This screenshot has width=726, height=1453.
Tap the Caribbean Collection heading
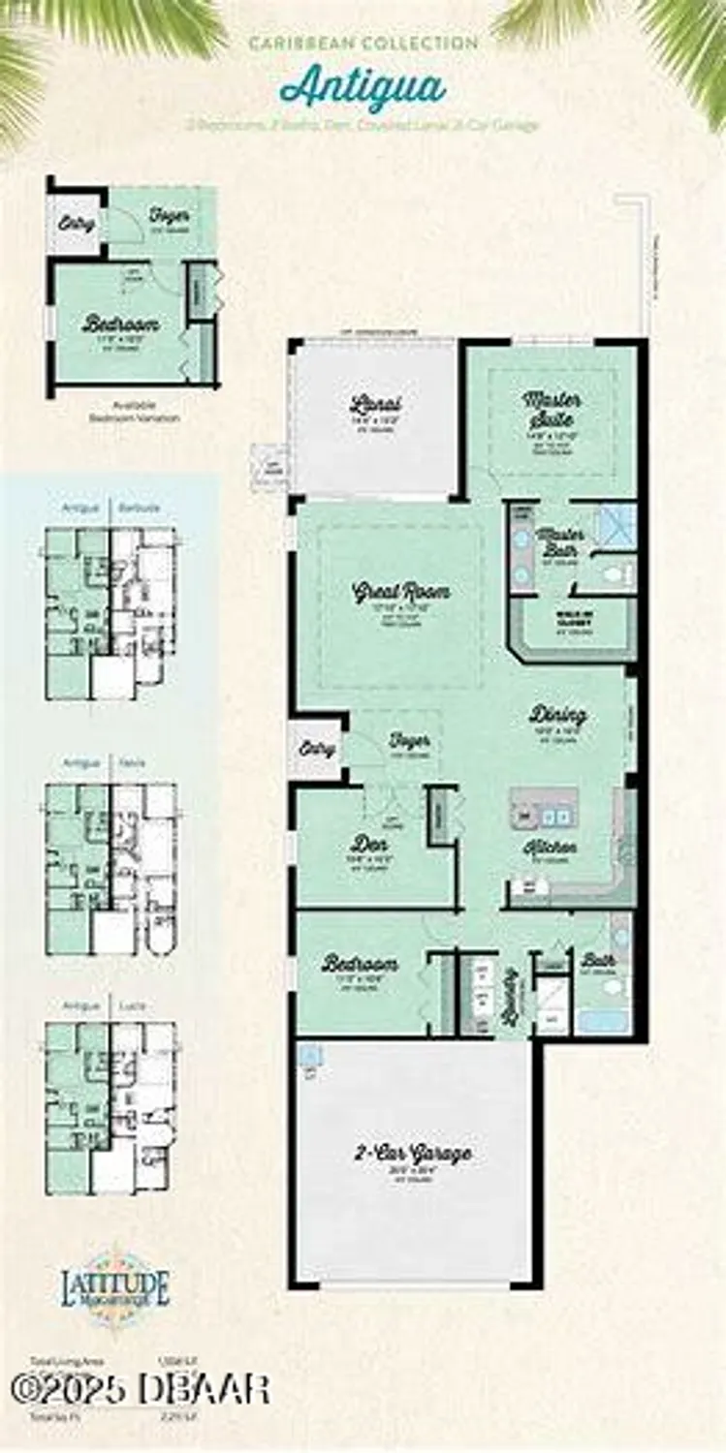pyautogui.click(x=363, y=44)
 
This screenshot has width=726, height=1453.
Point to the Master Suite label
pyautogui.click(x=552, y=409)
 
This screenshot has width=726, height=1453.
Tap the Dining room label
pyautogui.click(x=557, y=715)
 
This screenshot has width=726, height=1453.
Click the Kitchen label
pyautogui.click(x=550, y=847)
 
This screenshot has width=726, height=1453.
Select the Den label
pyautogui.click(x=368, y=844)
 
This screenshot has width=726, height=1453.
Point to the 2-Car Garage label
pyautogui.click(x=412, y=1154)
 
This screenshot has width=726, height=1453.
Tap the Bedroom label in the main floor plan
pyautogui.click(x=360, y=964)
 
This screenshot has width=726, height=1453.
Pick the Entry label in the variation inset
pyautogui.click(x=77, y=224)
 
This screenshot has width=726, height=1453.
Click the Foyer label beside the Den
pyautogui.click(x=409, y=741)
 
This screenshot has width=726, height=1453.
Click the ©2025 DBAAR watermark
pyautogui.click(x=141, y=1390)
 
